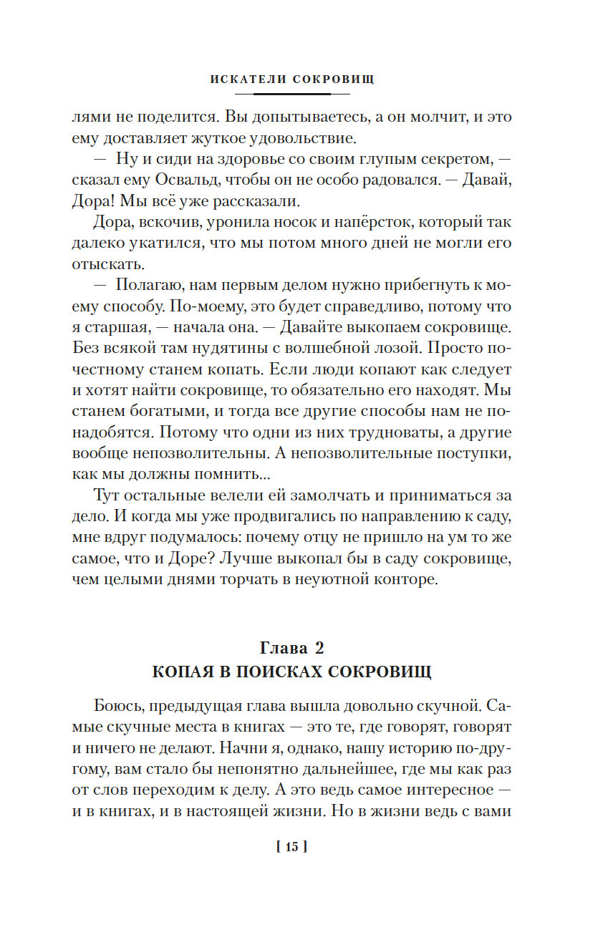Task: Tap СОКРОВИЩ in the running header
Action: click(x=334, y=79)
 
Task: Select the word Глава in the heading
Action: click(x=282, y=649)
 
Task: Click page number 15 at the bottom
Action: click(x=291, y=847)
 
